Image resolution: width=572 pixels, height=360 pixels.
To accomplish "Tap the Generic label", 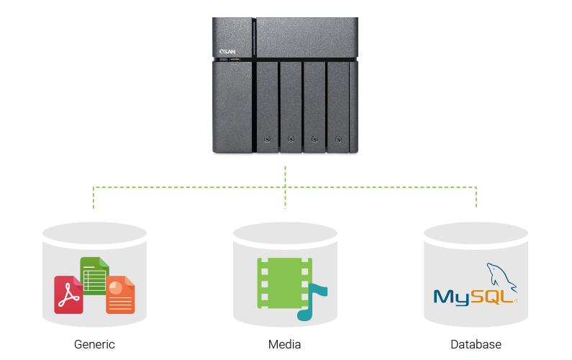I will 94,344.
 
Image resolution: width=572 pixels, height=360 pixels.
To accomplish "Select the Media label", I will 285,344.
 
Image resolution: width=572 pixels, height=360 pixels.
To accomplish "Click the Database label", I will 476,344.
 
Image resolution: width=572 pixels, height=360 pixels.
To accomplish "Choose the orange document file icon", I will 120,295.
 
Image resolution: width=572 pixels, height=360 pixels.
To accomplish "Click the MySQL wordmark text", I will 471,296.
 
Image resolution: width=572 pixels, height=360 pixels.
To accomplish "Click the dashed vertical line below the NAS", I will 286,176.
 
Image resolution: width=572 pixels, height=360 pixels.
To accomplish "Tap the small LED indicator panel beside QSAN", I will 235,59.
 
